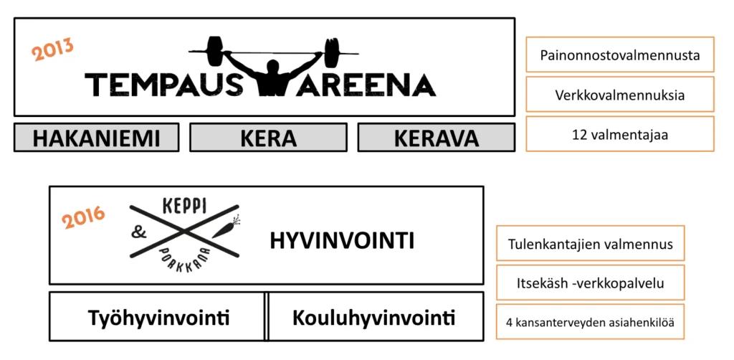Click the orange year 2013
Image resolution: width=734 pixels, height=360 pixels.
(x=53, y=49)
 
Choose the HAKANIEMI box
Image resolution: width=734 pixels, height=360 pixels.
(x=97, y=137)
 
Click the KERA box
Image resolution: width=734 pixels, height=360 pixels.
(x=268, y=137)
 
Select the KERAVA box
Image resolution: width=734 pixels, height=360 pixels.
(x=437, y=137)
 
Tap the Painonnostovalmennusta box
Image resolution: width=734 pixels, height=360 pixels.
(x=620, y=55)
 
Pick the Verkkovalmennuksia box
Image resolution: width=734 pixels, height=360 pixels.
(x=620, y=95)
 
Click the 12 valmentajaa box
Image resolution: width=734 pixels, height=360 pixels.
(x=620, y=134)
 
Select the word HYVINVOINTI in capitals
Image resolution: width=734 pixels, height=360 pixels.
(x=342, y=241)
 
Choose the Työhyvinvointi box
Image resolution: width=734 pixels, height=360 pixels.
(x=157, y=317)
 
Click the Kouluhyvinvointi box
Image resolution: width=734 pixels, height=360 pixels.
(x=376, y=317)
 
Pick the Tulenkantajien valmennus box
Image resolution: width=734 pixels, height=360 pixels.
(x=591, y=243)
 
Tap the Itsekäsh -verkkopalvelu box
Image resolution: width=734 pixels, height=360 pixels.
(x=591, y=283)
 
